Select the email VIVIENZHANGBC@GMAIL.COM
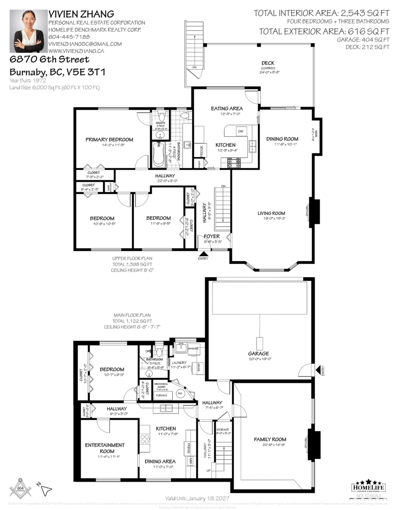click(x=85, y=44)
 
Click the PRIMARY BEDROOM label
click(x=109, y=139)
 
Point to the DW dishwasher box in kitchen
click(x=241, y=131)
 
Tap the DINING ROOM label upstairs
click(x=282, y=139)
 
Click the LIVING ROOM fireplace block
click(x=315, y=211)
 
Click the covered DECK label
click(x=268, y=63)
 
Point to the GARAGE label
click(x=259, y=354)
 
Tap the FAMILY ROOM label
click(x=270, y=439)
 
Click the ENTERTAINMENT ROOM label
click(x=105, y=448)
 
